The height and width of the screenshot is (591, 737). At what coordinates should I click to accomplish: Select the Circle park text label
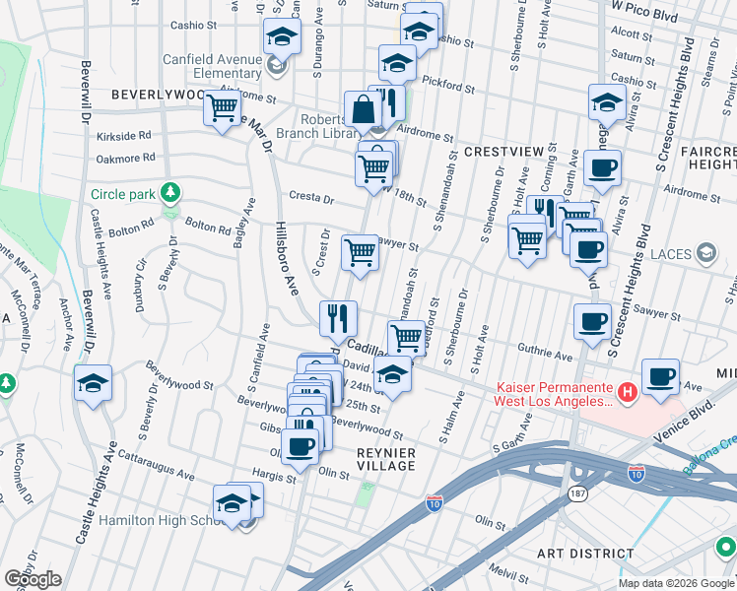[x=123, y=193]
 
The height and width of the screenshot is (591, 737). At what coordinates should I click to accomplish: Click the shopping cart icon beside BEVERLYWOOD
[x=223, y=106]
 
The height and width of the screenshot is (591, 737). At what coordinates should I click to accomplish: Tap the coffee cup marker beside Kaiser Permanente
[x=660, y=376]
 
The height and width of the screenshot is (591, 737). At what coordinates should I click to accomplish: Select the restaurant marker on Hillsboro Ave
[x=338, y=317]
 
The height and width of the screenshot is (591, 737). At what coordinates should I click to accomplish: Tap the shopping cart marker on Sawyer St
[x=361, y=252]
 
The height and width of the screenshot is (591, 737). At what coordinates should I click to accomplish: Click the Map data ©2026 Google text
[x=675, y=583]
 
